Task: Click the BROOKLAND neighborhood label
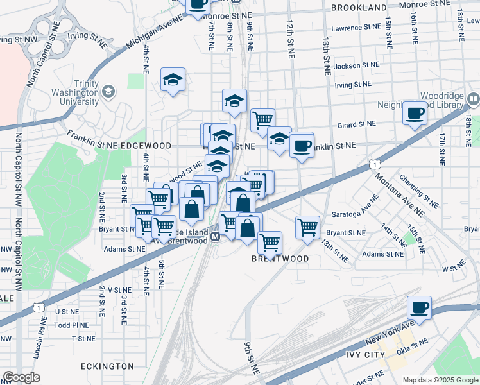(359, 8)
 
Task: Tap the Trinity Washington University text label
(75, 92)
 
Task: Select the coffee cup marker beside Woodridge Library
(415, 114)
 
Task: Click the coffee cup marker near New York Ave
(419, 308)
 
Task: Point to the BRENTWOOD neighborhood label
(280, 259)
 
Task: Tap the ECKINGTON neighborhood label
(107, 366)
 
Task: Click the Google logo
(21, 377)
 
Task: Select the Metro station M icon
(216, 237)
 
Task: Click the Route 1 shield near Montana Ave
(373, 165)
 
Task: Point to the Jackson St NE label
(357, 65)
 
